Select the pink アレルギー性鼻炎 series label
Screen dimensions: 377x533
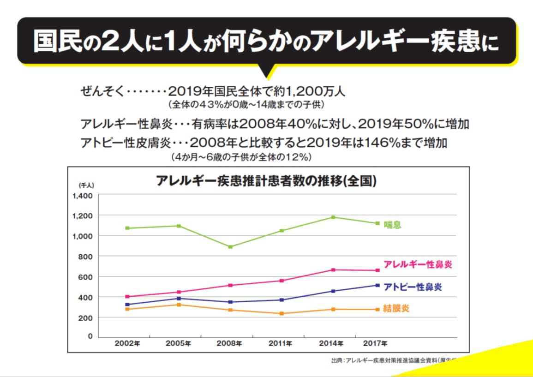(x=418, y=264)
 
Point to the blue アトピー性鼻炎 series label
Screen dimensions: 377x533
(x=413, y=287)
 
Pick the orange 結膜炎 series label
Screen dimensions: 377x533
(x=396, y=309)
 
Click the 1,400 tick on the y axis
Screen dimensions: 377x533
(x=83, y=196)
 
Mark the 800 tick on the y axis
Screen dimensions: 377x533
(x=86, y=256)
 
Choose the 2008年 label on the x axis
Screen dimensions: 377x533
(x=229, y=343)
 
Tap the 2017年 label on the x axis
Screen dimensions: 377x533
(x=376, y=343)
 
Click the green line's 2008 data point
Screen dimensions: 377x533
(x=230, y=247)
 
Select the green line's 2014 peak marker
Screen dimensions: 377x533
(x=333, y=217)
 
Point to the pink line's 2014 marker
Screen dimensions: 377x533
(x=333, y=270)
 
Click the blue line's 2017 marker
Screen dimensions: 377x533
(x=377, y=285)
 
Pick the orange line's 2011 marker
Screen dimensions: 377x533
(x=282, y=314)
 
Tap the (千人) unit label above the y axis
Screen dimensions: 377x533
(x=86, y=186)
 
